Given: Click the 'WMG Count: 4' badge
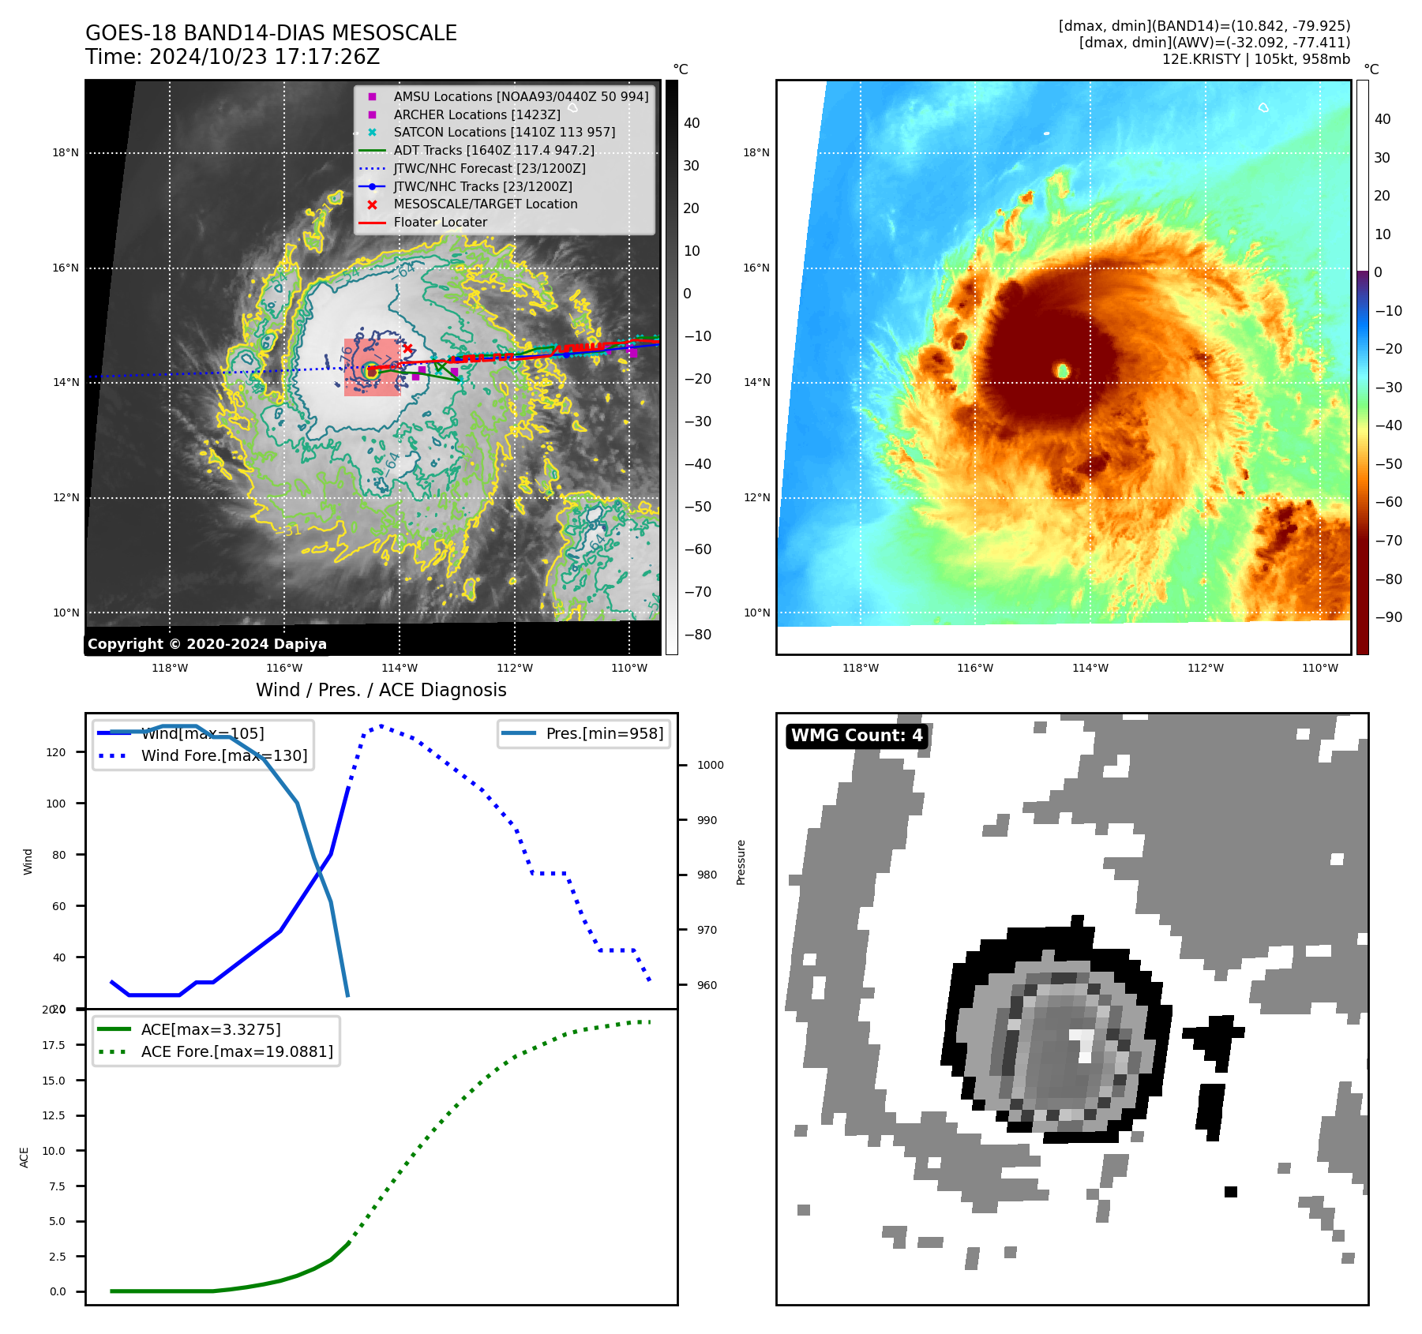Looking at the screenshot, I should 857,736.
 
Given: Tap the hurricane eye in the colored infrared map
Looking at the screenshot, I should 1063,370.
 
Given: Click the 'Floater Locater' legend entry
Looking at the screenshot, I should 440,223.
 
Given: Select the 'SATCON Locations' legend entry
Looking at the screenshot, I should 504,133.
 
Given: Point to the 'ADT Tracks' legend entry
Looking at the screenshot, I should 493,150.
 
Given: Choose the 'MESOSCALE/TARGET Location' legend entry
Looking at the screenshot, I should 485,204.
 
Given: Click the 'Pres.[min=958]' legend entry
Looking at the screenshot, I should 604,734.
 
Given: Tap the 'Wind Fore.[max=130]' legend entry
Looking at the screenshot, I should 223,756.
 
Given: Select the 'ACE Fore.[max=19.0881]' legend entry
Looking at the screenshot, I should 236,1052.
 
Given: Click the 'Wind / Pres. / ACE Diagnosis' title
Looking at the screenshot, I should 381,691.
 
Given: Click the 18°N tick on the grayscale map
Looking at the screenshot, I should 66,153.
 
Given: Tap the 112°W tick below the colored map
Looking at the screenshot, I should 1205,668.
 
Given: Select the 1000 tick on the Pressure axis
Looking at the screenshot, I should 710,765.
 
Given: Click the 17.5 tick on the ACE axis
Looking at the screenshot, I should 54,1045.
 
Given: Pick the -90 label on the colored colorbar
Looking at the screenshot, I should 1388,617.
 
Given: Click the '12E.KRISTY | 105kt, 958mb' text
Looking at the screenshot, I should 1255,59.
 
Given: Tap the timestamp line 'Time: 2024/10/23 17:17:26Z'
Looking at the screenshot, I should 233,57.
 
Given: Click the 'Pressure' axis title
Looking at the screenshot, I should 741,862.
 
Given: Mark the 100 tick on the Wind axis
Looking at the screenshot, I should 56,804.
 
